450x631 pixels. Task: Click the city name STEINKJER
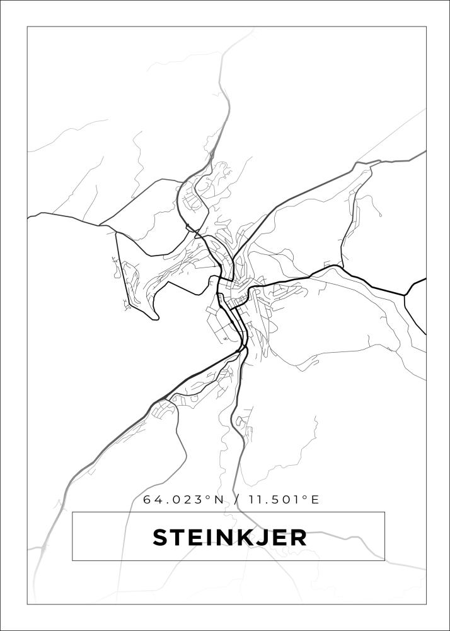229,538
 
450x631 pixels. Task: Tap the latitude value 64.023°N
183,500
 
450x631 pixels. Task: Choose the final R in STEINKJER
298,538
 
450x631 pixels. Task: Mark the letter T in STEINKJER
178,538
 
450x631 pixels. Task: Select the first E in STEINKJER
193,538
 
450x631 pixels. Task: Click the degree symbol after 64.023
209,497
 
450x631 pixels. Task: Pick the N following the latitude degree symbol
219,500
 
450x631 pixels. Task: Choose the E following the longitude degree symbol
314,500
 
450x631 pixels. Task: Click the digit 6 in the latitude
147,500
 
